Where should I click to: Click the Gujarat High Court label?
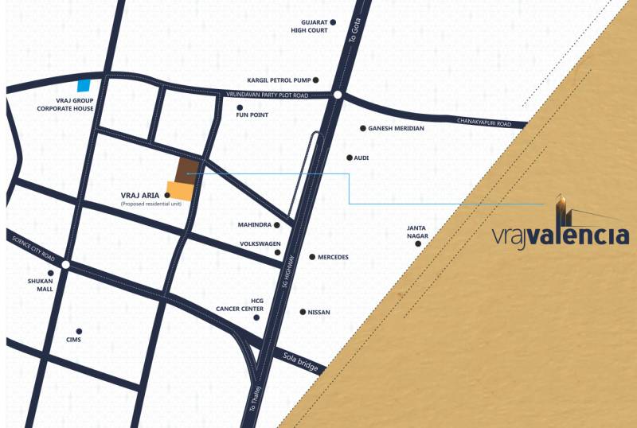[309, 27]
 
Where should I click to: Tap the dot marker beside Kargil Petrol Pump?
[316, 80]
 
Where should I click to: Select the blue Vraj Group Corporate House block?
[84, 86]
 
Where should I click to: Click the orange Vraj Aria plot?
[181, 190]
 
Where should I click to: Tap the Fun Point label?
[252, 115]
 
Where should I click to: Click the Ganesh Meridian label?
[396, 128]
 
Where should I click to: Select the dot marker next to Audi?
[349, 158]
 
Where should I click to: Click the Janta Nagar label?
[417, 232]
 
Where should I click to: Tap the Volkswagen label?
[260, 244]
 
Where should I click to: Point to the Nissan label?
[318, 313]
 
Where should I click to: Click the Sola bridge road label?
[301, 363]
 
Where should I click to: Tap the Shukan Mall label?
[40, 285]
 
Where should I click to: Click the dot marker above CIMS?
[78, 331]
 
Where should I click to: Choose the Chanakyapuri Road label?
[491, 121]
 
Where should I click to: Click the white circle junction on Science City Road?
[65, 265]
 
